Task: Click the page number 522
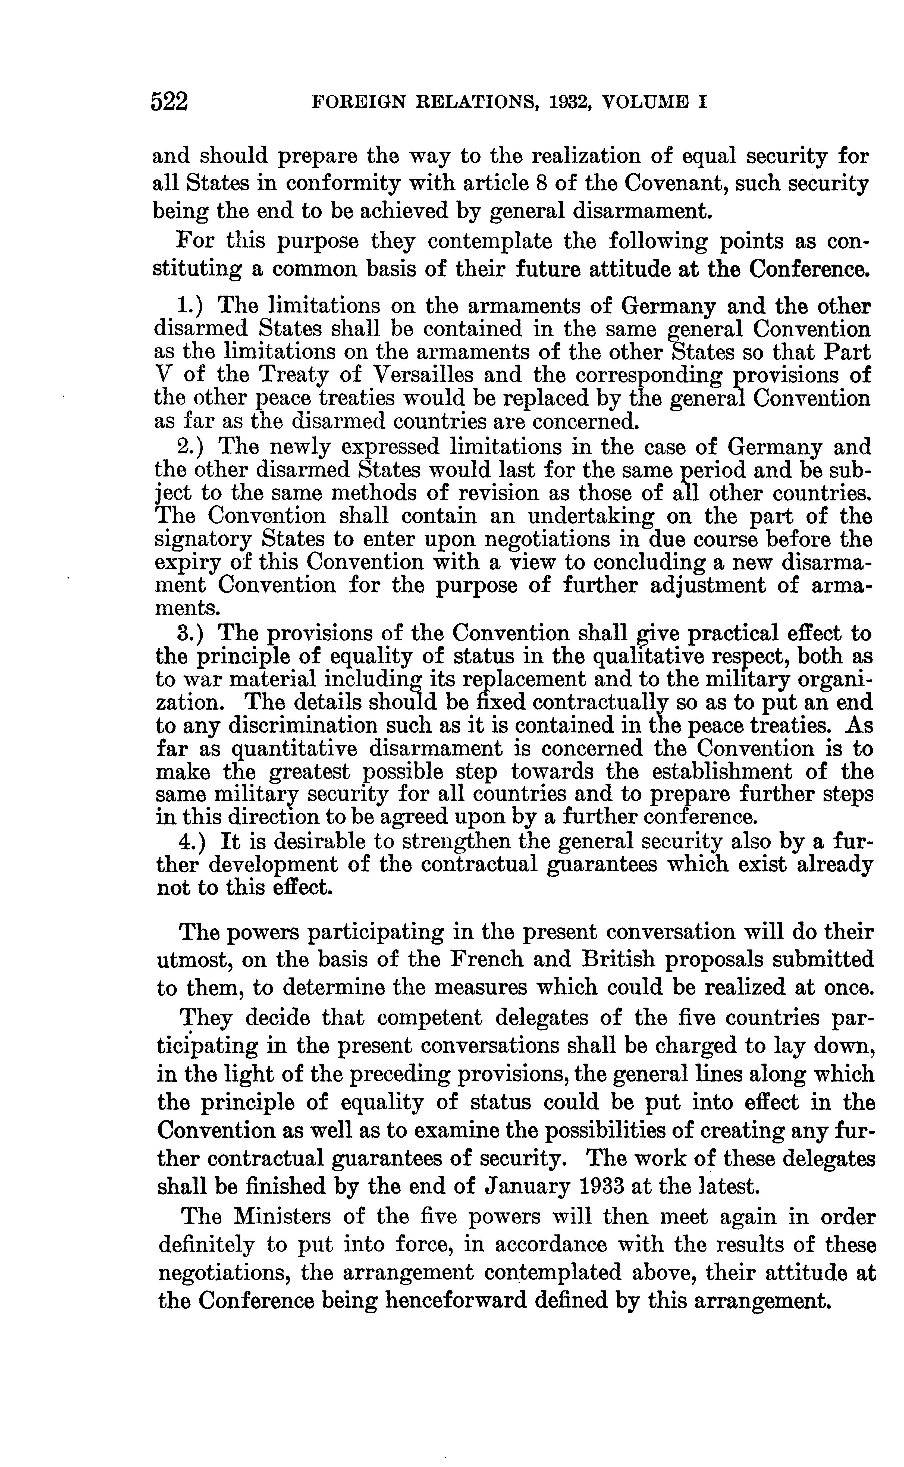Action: coord(169,102)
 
